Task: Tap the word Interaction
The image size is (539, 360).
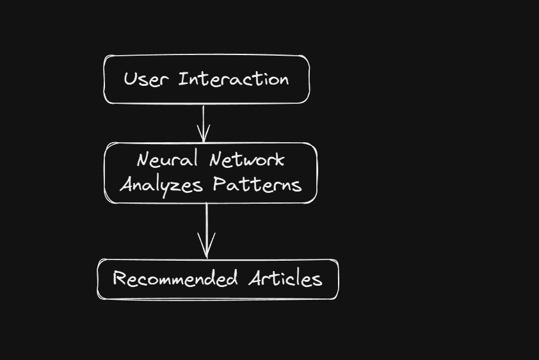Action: pos(234,79)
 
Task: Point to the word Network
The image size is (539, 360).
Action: pos(246,160)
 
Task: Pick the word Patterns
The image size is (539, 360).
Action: pos(257,184)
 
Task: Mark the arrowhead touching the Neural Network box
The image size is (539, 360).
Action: pos(204,136)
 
